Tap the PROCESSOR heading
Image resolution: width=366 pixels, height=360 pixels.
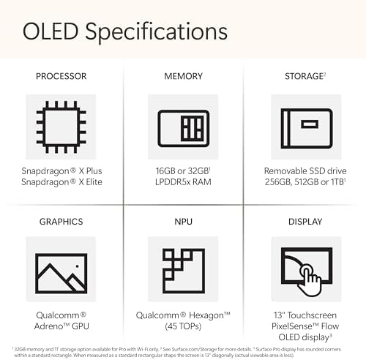(x=61, y=76)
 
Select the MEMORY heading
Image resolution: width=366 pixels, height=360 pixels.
(x=182, y=76)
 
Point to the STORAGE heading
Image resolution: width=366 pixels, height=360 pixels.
(x=305, y=76)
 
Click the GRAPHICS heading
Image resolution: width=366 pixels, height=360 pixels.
(x=61, y=222)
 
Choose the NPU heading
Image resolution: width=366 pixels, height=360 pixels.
(x=182, y=222)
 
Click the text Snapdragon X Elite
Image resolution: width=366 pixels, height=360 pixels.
(x=61, y=183)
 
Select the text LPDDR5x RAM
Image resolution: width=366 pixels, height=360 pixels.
(x=183, y=183)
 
